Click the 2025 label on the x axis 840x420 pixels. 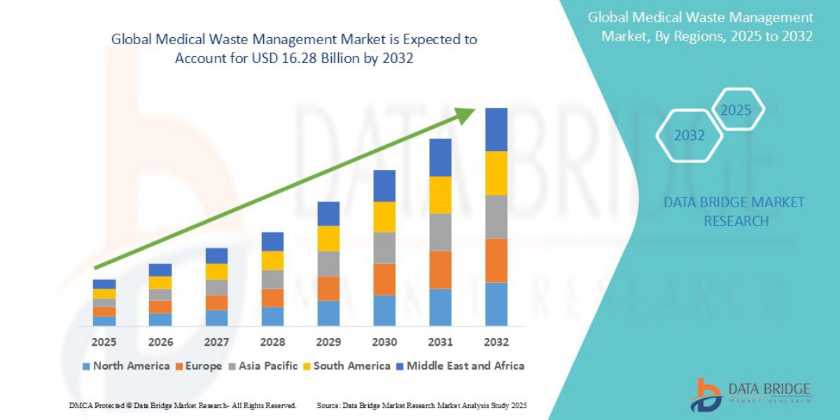(104, 342)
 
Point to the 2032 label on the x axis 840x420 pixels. (496, 342)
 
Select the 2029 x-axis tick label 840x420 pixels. (328, 342)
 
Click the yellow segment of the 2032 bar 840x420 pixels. (496, 173)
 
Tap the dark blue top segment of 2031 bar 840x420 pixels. (440, 157)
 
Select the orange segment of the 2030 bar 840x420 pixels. (384, 279)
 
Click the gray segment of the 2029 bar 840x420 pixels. (328, 263)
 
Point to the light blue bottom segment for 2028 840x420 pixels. (272, 316)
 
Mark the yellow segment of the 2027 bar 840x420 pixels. (216, 272)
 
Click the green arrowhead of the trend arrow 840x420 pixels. (465, 115)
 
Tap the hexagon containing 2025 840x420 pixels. (736, 110)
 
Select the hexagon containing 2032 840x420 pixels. (689, 135)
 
